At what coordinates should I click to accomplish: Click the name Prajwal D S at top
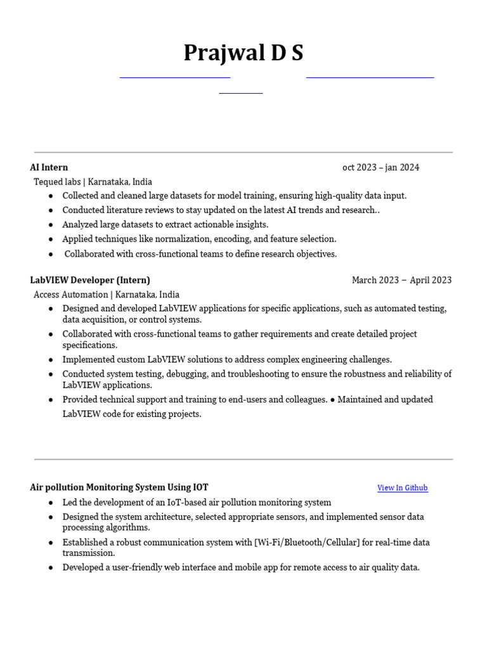coord(243,53)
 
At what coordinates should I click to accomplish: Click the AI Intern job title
coord(49,167)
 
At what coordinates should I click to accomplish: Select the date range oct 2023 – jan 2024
coord(380,167)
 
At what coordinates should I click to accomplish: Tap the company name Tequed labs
coord(57,182)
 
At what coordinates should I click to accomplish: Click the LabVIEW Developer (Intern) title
coord(90,280)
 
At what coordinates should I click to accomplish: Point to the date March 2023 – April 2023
coord(401,280)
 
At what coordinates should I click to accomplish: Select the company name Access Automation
coord(71,295)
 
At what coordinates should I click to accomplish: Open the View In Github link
coord(402,488)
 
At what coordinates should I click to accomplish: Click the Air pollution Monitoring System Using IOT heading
coord(119,487)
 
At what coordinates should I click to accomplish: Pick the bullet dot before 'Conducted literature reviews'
coord(51,210)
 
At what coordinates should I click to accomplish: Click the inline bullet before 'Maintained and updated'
coord(333,400)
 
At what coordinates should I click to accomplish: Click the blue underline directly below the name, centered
coord(241,93)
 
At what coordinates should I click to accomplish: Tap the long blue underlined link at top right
coord(370,77)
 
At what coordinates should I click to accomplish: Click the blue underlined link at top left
coord(174,77)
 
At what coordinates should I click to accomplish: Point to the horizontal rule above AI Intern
coord(243,152)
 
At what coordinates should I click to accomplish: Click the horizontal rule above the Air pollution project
coord(243,459)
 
